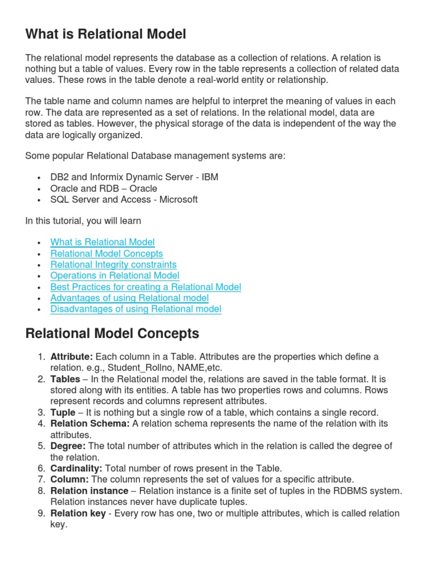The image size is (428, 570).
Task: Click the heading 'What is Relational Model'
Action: (105, 35)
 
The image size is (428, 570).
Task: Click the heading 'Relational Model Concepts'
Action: (112, 333)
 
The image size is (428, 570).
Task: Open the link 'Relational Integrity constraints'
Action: (113, 264)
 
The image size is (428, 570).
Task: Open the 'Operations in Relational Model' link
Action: (115, 276)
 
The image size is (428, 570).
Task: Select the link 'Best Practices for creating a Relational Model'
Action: (145, 287)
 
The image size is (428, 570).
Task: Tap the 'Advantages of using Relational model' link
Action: (129, 298)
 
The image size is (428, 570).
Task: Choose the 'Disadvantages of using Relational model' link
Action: (135, 309)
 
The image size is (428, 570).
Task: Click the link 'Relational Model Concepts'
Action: (106, 253)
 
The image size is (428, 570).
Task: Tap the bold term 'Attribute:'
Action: (72, 356)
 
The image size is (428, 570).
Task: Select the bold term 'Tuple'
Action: (62, 412)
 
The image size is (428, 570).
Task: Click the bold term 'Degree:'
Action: (68, 446)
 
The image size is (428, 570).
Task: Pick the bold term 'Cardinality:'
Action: (76, 468)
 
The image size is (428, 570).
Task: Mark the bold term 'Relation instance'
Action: (88, 490)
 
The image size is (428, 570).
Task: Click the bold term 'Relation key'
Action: (77, 513)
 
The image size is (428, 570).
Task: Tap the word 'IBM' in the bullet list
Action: (210, 177)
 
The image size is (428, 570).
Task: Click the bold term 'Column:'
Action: (70, 479)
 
